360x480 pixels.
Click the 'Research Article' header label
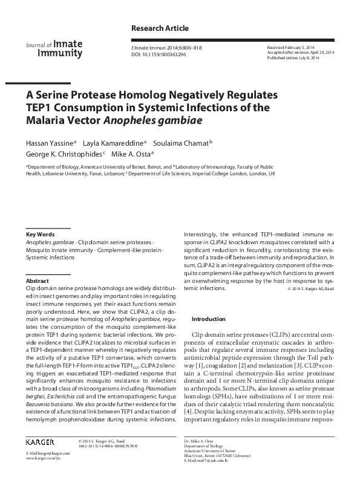tap(160, 28)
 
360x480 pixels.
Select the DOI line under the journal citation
tap(158, 54)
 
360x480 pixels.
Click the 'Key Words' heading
tap(41, 234)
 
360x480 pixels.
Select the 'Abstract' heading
tap(38, 281)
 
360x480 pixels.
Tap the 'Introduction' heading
tap(208, 319)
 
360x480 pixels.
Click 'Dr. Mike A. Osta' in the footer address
tap(199, 443)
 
